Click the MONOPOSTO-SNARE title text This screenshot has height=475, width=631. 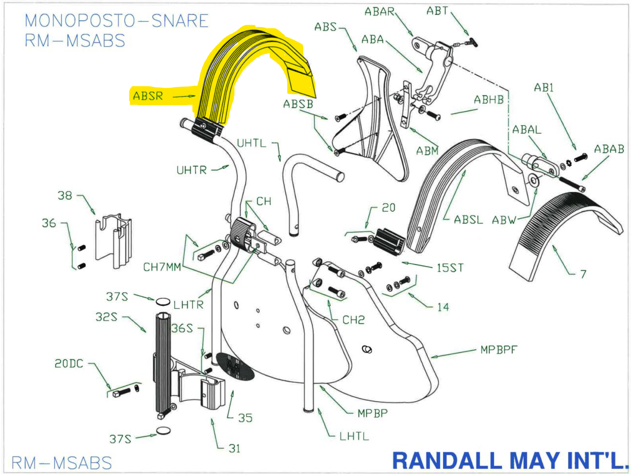tap(116, 21)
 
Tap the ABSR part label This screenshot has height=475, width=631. tap(148, 96)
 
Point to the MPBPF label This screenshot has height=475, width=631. tap(499, 350)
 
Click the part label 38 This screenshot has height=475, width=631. tap(65, 196)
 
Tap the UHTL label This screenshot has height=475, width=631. tap(251, 143)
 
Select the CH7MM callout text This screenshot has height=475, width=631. tap(162, 267)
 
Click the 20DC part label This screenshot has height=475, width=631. tap(69, 364)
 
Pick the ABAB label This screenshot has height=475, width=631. tap(609, 149)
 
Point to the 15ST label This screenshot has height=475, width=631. tap(450, 268)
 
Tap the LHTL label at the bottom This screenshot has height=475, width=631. tap(354, 436)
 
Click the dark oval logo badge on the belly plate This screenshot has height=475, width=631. tap(235, 366)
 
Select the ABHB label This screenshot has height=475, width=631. tap(488, 100)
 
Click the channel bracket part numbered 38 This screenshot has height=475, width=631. tap(113, 240)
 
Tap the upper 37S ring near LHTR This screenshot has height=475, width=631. tap(163, 302)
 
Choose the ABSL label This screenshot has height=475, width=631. tap(468, 220)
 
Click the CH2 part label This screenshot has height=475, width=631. tap(353, 320)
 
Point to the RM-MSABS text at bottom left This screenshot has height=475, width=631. tap(62, 463)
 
